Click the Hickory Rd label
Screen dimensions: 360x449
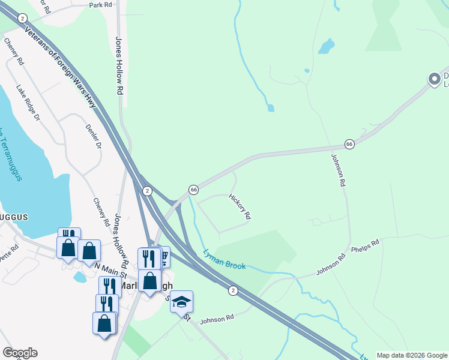click(x=239, y=206)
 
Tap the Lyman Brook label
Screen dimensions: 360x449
click(x=224, y=259)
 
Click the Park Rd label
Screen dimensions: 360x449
click(x=100, y=5)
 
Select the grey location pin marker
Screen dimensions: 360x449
click(x=434, y=79)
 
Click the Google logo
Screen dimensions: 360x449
click(x=20, y=353)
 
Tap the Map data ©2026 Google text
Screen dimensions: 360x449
click(x=411, y=355)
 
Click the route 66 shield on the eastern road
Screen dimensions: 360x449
click(x=349, y=144)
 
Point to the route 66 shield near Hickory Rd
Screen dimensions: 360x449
click(x=193, y=189)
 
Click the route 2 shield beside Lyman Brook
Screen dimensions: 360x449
click(x=233, y=290)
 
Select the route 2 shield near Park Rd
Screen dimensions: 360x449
click(x=22, y=19)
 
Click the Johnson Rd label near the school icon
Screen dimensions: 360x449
click(x=217, y=319)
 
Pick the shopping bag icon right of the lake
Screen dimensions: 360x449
click(x=89, y=250)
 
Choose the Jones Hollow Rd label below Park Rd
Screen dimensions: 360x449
click(x=119, y=65)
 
